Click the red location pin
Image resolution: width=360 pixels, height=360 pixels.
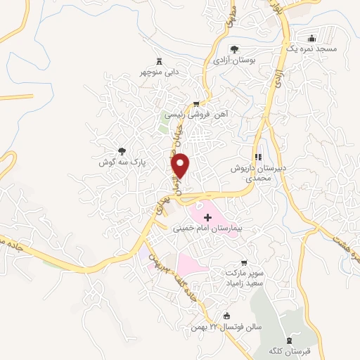[181, 165]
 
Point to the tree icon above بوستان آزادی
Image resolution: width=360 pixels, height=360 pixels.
[234, 49]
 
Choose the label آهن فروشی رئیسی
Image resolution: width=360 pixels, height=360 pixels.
[205, 113]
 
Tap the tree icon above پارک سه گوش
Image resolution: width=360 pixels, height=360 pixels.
[122, 150]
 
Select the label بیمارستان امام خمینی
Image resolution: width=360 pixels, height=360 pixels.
[207, 229]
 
